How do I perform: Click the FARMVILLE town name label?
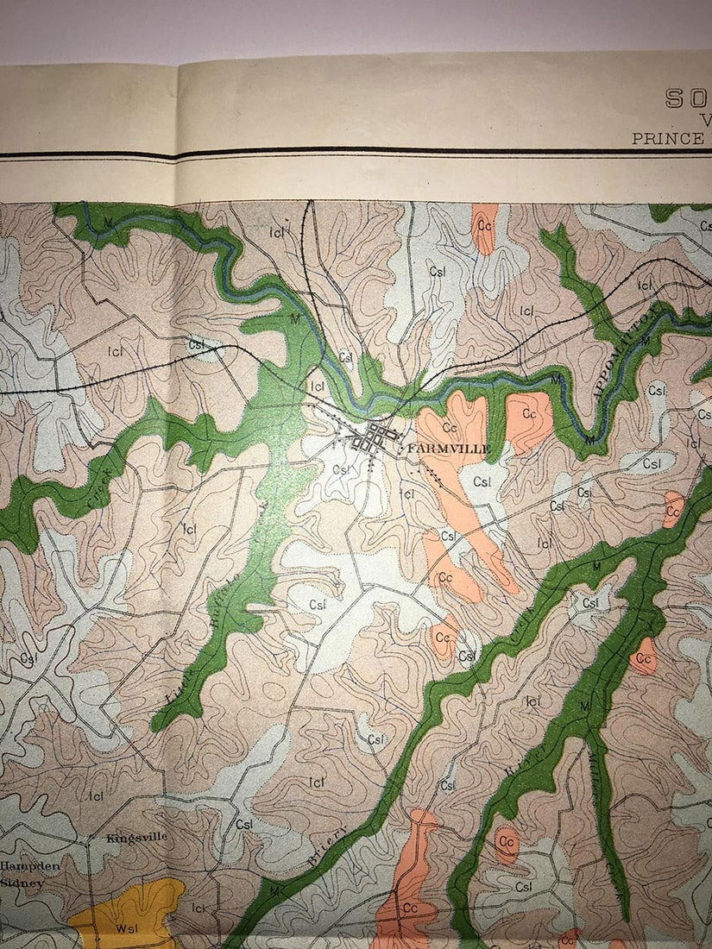click(448, 449)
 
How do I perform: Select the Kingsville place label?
click(136, 837)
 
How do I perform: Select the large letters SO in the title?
click(687, 97)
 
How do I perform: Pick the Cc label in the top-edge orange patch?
click(484, 225)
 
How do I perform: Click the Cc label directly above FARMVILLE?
click(449, 427)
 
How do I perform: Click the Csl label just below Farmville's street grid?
click(342, 470)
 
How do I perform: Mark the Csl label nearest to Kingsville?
click(244, 824)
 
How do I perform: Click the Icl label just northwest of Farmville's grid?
click(317, 387)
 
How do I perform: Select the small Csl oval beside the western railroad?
click(197, 345)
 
